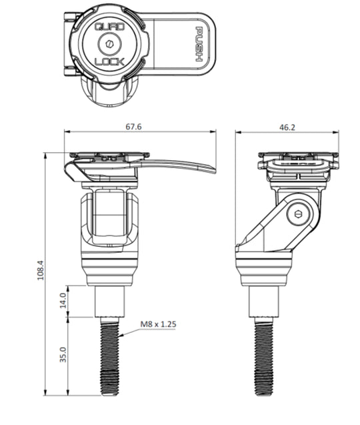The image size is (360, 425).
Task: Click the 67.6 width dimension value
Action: pos(140,125)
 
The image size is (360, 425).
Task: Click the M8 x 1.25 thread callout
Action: pos(158,326)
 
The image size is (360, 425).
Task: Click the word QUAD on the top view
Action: pos(109,27)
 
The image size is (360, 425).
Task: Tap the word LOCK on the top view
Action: pos(109,62)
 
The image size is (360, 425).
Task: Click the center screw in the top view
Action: pos(109,45)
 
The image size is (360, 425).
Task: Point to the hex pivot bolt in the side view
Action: pos(298,215)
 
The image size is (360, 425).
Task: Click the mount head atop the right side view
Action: pos(298,164)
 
